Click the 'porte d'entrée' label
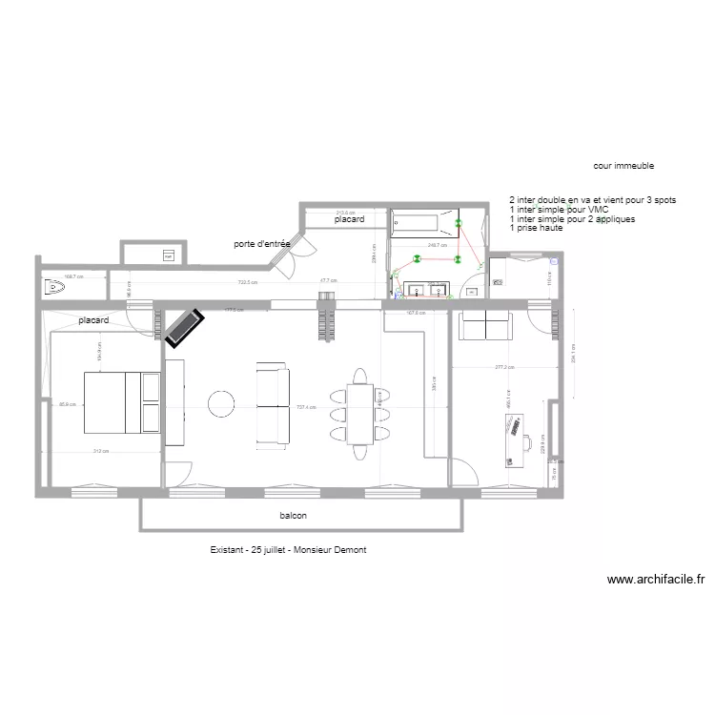pos(261,244)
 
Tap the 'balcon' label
pos(293,516)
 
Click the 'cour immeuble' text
pos(623,165)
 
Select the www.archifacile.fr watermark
pos(655,579)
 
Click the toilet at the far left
pos(51,285)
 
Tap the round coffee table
pos(223,403)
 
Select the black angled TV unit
pos(183,327)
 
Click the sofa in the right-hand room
pos(485,326)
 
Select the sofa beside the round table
pos(273,404)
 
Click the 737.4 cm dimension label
pos(306,405)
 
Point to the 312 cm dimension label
pos(99,452)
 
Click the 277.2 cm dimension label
pos(504,367)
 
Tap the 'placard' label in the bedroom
pos(93,321)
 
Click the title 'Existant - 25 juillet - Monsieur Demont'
pos(289,550)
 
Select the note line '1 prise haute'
pos(537,229)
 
